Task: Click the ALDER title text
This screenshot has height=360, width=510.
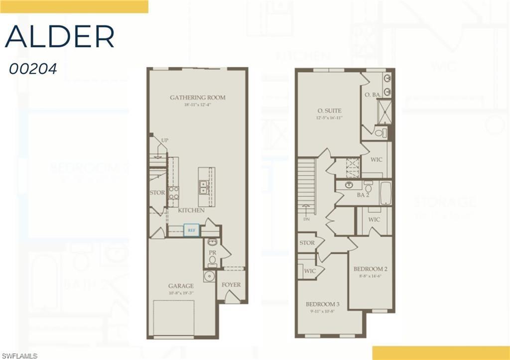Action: [60, 36]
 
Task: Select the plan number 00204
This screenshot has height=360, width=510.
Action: [33, 69]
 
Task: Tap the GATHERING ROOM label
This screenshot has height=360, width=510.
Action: [197, 98]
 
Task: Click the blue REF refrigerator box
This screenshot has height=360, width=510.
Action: [191, 231]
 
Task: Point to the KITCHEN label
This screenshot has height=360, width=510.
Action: [191, 211]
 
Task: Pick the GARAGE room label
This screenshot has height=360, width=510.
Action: [181, 286]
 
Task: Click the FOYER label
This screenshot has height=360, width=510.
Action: [231, 285]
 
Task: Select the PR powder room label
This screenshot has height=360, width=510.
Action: [212, 253]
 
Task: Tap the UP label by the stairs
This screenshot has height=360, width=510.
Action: [164, 140]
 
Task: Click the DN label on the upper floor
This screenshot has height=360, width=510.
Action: [307, 219]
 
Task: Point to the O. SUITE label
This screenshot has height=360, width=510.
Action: [329, 111]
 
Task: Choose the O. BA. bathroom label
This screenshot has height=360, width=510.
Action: [373, 95]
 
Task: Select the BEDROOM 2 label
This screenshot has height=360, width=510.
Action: [370, 269]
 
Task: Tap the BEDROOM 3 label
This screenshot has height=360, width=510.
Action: [323, 304]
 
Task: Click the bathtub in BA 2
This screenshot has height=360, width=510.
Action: [385, 193]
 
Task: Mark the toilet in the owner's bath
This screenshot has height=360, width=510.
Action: [380, 132]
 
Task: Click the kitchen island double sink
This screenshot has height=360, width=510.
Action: [204, 186]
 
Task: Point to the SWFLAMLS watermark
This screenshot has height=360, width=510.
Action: [19, 356]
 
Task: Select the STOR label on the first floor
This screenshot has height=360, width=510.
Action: [157, 193]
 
